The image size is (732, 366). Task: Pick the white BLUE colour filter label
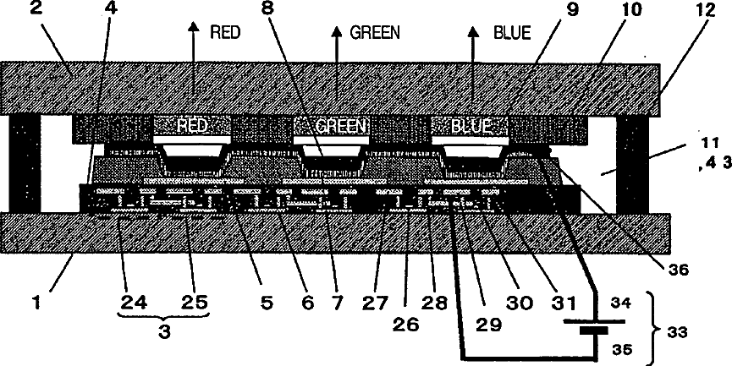469,125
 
